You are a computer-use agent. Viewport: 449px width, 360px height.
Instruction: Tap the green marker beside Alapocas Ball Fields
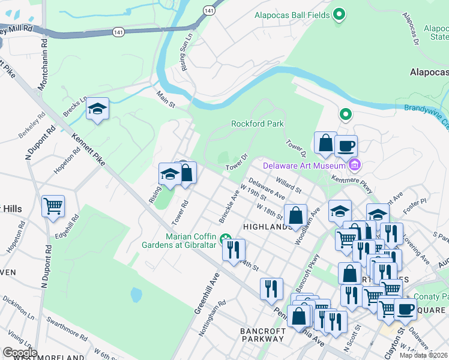click(339, 14)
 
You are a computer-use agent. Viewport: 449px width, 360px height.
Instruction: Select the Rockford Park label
click(258, 124)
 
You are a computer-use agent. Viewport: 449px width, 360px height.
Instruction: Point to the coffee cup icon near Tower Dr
click(346, 145)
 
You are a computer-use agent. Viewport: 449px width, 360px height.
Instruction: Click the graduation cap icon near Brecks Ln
click(97, 109)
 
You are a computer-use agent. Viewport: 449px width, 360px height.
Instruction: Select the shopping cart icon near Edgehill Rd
click(53, 206)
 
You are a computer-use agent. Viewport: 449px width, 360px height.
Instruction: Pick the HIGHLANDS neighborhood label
click(267, 227)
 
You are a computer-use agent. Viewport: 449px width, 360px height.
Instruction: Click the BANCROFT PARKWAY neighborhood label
click(262, 334)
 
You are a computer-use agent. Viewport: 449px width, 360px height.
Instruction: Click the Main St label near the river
click(165, 100)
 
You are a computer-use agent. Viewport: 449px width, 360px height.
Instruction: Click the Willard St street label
click(289, 185)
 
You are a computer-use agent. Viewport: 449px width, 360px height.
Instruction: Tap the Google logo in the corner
click(20, 352)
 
